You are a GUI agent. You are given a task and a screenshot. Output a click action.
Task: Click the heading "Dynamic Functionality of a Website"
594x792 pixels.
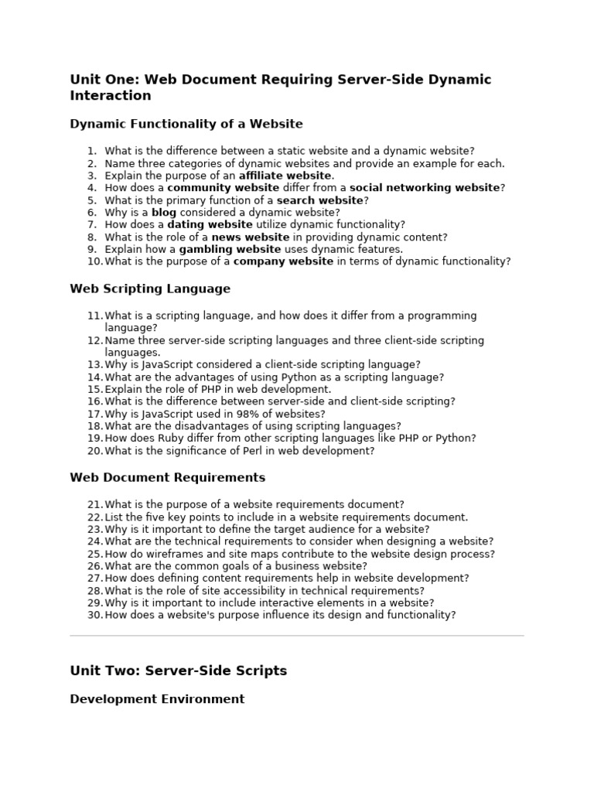tap(186, 124)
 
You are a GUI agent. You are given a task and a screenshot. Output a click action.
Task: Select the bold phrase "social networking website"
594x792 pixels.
tap(425, 188)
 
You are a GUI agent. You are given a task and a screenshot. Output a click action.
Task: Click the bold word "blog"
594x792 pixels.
tap(164, 213)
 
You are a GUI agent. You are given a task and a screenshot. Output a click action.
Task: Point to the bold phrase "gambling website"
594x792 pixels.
tap(230, 249)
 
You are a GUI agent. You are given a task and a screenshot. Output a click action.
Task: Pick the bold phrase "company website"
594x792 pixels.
tap(283, 261)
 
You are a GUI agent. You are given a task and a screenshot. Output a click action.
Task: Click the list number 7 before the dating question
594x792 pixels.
tap(92, 225)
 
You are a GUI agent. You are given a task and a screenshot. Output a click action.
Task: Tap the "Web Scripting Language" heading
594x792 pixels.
tap(150, 288)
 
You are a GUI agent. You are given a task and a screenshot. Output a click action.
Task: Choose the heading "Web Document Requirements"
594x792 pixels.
tap(167, 477)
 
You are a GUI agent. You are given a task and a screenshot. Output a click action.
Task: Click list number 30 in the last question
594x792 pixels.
tap(95, 615)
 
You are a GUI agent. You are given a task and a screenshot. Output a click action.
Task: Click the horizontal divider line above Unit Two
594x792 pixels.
tap(297, 636)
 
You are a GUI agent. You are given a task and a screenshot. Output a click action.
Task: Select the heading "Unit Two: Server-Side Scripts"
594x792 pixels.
tap(178, 671)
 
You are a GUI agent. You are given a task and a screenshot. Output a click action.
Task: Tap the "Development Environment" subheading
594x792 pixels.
tap(157, 699)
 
